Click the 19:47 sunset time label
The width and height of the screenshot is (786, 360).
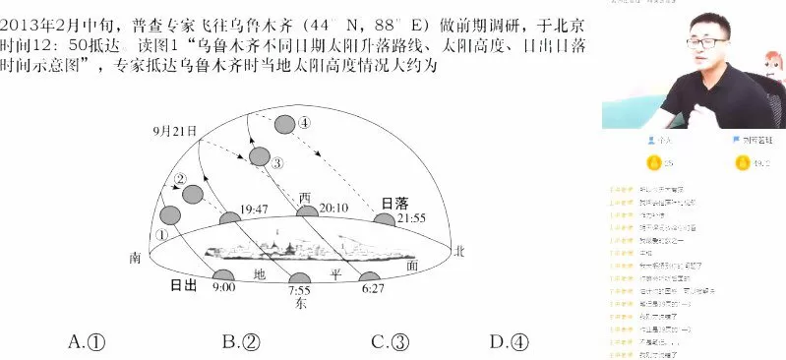[x=255, y=210]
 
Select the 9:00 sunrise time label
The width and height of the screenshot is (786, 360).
[x=223, y=287]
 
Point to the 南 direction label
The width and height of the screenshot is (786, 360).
[x=136, y=258]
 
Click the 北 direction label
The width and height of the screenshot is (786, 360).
[x=457, y=253]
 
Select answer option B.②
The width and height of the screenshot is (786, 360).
[x=241, y=341]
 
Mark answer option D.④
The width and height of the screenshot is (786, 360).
[x=510, y=341]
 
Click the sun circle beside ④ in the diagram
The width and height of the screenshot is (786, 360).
[x=285, y=124]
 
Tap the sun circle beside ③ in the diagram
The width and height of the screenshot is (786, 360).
[x=260, y=156]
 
